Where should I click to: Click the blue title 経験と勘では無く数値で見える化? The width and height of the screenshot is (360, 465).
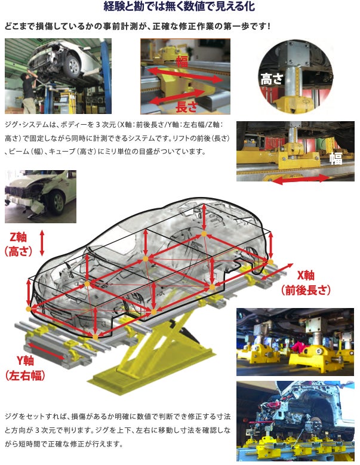click(x=179, y=6)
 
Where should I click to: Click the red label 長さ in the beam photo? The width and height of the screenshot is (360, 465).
click(x=186, y=107)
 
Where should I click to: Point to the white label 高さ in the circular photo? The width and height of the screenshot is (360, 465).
click(x=272, y=79)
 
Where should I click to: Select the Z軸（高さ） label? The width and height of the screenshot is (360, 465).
click(x=19, y=244)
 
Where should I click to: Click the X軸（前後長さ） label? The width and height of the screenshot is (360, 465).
click(x=306, y=282)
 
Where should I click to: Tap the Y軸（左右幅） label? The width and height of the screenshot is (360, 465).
click(x=25, y=368)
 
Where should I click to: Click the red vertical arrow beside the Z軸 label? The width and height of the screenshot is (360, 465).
click(x=42, y=242)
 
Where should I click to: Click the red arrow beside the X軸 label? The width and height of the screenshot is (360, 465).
click(x=277, y=272)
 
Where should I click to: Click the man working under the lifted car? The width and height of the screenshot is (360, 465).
click(x=28, y=93)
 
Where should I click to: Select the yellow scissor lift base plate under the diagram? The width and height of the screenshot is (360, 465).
click(x=150, y=374)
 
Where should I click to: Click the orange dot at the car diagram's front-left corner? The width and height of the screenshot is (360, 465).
click(x=29, y=309)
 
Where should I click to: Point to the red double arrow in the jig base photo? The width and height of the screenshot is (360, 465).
click(x=300, y=179)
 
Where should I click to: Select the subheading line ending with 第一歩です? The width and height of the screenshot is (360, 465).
click(x=137, y=26)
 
